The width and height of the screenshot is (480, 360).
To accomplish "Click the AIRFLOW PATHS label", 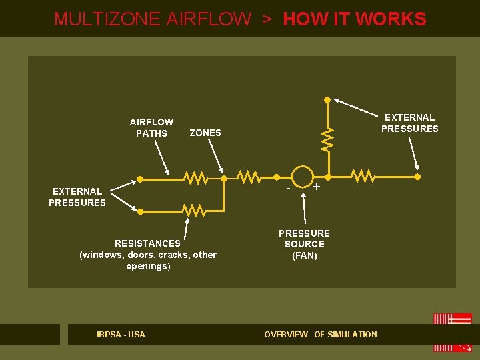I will [x=151, y=127].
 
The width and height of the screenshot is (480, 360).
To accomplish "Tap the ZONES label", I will [x=205, y=133].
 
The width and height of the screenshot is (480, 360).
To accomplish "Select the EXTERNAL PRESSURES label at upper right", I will [x=409, y=123].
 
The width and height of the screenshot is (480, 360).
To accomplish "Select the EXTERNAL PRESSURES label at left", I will [x=77, y=197].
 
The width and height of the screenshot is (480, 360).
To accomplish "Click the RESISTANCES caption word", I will [x=147, y=243].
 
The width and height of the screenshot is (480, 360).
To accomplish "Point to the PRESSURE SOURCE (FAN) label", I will [x=304, y=244].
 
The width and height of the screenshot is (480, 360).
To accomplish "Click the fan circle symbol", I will [x=303, y=177].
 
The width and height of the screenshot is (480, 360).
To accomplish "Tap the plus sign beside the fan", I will [x=317, y=187].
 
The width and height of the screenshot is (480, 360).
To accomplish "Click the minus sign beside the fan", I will [x=287, y=189].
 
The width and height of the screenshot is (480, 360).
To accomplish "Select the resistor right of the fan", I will [x=363, y=177].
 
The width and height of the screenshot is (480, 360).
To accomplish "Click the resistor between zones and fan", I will [x=249, y=177].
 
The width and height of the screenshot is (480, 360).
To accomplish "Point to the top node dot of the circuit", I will [x=327, y=100].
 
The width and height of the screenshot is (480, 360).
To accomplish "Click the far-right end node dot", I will [x=417, y=177].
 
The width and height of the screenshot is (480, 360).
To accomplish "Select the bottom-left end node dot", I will [x=141, y=211].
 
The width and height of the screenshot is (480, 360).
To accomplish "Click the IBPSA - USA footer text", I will [x=121, y=334].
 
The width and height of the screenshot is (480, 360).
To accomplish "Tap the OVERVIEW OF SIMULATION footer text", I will [x=321, y=334].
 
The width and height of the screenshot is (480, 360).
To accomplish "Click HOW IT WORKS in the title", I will [x=355, y=19].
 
